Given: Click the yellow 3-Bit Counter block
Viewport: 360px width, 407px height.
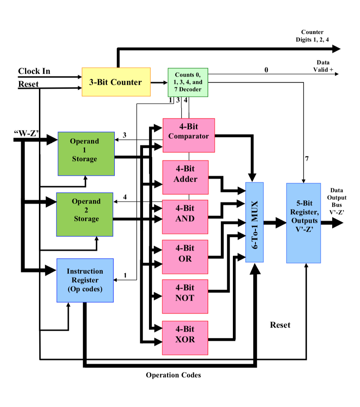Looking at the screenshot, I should pyautogui.click(x=116, y=82).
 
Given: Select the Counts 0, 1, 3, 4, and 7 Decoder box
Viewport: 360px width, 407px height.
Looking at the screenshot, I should pyautogui.click(x=188, y=83).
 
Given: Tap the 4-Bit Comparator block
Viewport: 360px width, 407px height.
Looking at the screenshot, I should pyautogui.click(x=188, y=135).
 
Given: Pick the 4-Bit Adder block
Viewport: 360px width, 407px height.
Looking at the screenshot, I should pyautogui.click(x=185, y=174).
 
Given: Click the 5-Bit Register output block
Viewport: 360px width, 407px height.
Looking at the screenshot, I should pyautogui.click(x=304, y=223).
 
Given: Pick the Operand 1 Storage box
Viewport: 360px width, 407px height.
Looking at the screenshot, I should pyautogui.click(x=86, y=153).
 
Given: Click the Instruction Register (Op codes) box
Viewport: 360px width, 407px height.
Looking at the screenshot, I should pyautogui.click(x=85, y=280).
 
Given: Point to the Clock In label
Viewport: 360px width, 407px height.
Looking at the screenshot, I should pyautogui.click(x=34, y=71).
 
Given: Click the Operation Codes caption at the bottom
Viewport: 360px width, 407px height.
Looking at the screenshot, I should pyautogui.click(x=173, y=375).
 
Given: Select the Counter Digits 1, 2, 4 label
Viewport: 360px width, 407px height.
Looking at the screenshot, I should pyautogui.click(x=312, y=36).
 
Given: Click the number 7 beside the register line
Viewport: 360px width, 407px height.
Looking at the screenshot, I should pyautogui.click(x=306, y=159).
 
